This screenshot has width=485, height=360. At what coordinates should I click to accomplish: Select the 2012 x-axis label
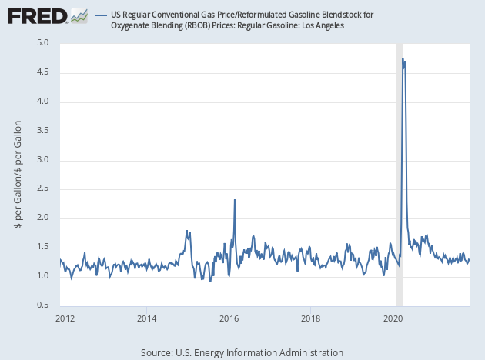[65, 317]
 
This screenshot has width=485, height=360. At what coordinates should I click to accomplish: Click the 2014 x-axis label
[147, 317]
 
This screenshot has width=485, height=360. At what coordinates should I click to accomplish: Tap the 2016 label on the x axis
[229, 317]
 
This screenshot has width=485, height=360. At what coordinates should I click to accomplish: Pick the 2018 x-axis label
[310, 317]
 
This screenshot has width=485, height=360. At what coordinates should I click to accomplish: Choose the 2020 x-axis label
[393, 317]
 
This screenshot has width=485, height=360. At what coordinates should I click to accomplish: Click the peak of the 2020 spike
[403, 58]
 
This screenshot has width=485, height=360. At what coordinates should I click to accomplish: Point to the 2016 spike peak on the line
[235, 200]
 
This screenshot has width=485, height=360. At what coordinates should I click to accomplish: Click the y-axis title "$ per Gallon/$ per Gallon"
[18, 175]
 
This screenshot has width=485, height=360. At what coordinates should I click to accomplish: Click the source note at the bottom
[242, 352]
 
